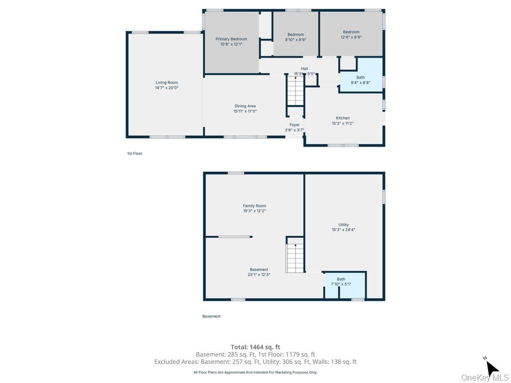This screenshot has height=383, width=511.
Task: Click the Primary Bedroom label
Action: point(231,39)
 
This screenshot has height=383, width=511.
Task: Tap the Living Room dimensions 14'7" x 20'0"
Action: point(167,88)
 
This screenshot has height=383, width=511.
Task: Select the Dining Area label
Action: point(245,106)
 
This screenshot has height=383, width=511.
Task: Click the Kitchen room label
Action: point(343,118)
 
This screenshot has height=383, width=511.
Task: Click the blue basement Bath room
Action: point(345,285)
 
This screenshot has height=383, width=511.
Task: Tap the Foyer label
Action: point(294,125)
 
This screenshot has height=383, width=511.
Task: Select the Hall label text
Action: point(304,69)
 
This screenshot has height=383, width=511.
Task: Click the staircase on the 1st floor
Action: point(295,90)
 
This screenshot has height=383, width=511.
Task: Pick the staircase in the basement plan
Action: point(295,257)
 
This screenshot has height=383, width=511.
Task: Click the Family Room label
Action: point(255,206)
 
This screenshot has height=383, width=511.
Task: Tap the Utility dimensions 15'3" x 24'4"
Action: point(343,229)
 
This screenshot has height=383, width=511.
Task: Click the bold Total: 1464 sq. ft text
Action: point(255,347)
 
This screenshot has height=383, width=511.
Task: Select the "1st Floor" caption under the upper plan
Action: point(135,154)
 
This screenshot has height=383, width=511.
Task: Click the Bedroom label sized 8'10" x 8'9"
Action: point(295,34)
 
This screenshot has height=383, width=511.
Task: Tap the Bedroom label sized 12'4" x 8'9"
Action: point(351,32)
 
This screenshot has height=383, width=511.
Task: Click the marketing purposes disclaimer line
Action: point(255,372)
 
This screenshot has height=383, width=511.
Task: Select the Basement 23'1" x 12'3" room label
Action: point(259,272)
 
